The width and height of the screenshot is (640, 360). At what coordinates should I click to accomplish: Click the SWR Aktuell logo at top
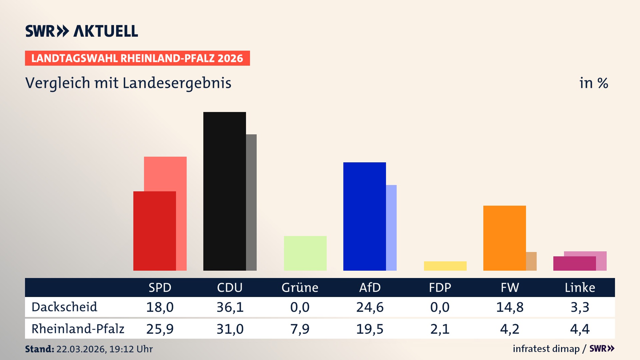point(81,31)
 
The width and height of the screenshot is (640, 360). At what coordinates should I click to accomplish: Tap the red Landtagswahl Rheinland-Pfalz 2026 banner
point(137,58)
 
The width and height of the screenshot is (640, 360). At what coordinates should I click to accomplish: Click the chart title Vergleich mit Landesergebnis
point(128,83)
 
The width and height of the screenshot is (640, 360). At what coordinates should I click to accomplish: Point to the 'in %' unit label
point(593,83)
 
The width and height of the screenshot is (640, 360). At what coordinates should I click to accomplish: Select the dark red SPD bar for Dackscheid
point(154,231)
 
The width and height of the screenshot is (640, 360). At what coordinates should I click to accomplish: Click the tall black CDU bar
point(224,191)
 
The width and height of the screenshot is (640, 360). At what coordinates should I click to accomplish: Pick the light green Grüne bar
point(305,253)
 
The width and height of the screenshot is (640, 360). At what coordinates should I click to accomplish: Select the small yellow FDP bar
point(445,266)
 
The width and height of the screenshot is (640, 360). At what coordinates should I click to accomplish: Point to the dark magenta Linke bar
point(574,263)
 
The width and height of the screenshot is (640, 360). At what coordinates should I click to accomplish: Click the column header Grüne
point(300,288)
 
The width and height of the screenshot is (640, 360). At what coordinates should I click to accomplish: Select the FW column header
point(510,288)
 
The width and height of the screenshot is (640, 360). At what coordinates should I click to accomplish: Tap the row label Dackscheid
point(64,307)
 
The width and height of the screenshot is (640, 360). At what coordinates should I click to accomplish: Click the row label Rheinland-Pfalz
point(78,329)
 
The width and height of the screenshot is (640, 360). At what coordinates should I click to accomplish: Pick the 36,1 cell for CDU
point(230,307)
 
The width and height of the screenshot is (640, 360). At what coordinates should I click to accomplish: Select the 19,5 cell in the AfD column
point(370,329)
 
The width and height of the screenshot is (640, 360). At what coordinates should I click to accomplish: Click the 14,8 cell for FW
point(510,307)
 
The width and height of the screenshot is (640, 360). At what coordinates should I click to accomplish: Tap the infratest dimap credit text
point(546,349)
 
